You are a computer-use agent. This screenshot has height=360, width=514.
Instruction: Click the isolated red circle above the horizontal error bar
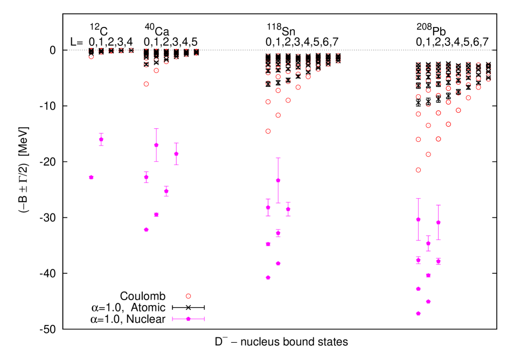tap(188, 296)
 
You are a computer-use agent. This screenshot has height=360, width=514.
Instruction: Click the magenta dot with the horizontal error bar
tap(188, 319)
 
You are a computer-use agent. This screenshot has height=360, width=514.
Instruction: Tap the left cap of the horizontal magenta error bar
tap(172, 319)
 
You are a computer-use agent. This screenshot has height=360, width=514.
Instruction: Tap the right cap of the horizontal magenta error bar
tap(204, 319)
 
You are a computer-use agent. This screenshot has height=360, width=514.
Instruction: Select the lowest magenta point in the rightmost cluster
tap(418, 313)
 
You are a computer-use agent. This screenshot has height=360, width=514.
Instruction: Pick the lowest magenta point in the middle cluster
tap(268, 278)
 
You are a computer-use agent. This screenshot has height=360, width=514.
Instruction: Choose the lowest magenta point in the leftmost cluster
tap(146, 230)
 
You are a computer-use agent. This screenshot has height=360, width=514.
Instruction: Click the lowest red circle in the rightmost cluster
tap(418, 170)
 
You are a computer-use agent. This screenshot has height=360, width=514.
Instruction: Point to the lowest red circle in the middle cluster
tap(268, 131)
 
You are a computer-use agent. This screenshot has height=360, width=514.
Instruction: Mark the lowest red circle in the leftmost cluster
tap(146, 84)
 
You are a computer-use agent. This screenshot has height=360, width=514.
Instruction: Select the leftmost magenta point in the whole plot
tap(91, 177)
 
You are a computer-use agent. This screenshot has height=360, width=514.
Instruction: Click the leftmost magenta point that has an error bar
tap(101, 140)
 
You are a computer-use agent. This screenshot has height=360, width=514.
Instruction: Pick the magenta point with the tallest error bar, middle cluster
tap(278, 181)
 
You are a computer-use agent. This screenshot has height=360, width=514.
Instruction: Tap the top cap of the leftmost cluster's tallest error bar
tap(156, 129)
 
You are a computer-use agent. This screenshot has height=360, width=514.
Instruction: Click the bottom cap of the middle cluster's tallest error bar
tap(278, 203)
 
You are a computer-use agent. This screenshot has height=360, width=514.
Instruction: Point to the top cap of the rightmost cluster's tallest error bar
tap(418, 198)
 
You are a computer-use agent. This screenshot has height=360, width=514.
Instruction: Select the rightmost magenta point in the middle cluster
tap(288, 209)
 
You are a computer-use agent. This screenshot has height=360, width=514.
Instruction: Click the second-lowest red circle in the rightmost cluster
tap(428, 154)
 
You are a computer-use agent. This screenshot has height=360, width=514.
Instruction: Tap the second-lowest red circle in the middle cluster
tap(278, 115)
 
